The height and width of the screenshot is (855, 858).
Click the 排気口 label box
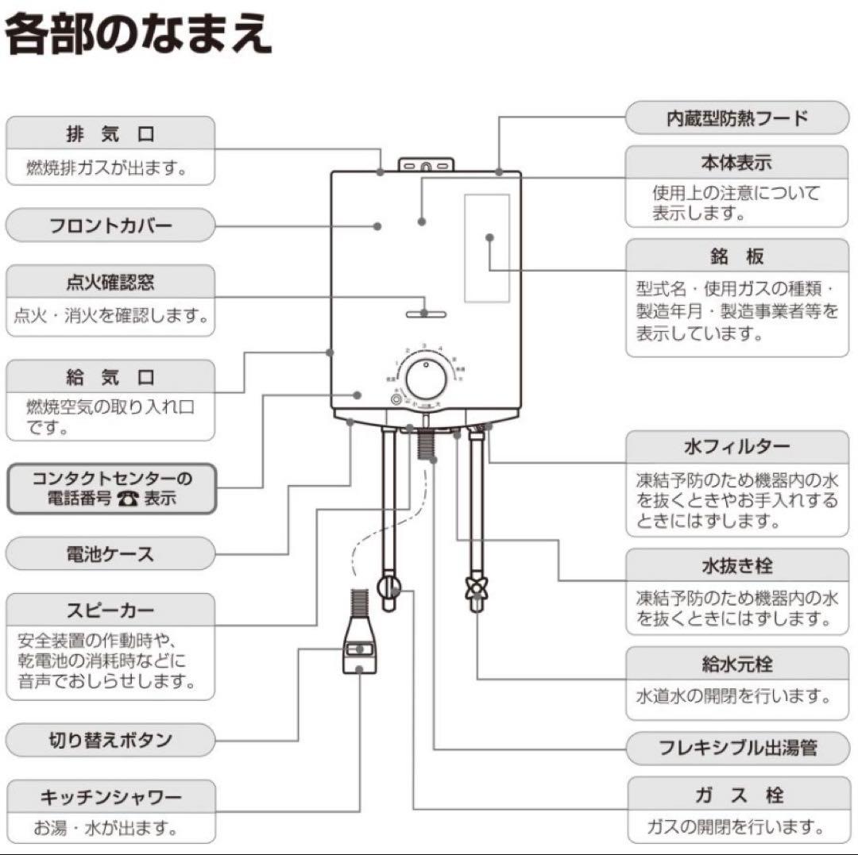110,133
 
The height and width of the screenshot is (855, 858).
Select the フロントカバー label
110,225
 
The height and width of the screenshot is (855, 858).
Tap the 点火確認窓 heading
110,282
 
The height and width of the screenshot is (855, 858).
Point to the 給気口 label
110,376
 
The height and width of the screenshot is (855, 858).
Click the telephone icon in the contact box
127,499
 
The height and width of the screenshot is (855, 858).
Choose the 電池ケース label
110,553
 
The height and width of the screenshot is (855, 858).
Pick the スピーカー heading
110,610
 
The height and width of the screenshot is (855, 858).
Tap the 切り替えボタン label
110,741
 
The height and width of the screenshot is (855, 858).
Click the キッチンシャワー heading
110,796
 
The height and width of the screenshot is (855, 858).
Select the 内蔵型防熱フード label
736,118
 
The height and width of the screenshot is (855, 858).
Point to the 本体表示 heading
736,164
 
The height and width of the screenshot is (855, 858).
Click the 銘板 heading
736,256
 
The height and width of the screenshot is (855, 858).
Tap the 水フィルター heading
736,447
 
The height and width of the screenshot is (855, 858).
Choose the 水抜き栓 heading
736,567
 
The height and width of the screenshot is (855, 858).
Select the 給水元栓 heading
736,664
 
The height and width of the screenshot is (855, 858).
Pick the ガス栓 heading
736,795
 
